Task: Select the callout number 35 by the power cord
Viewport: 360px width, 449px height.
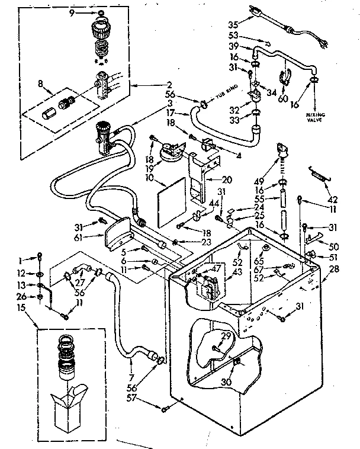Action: tap(233, 25)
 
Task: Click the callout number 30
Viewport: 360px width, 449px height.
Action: tap(226, 383)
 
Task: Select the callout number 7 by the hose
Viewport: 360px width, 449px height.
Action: tap(131, 377)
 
